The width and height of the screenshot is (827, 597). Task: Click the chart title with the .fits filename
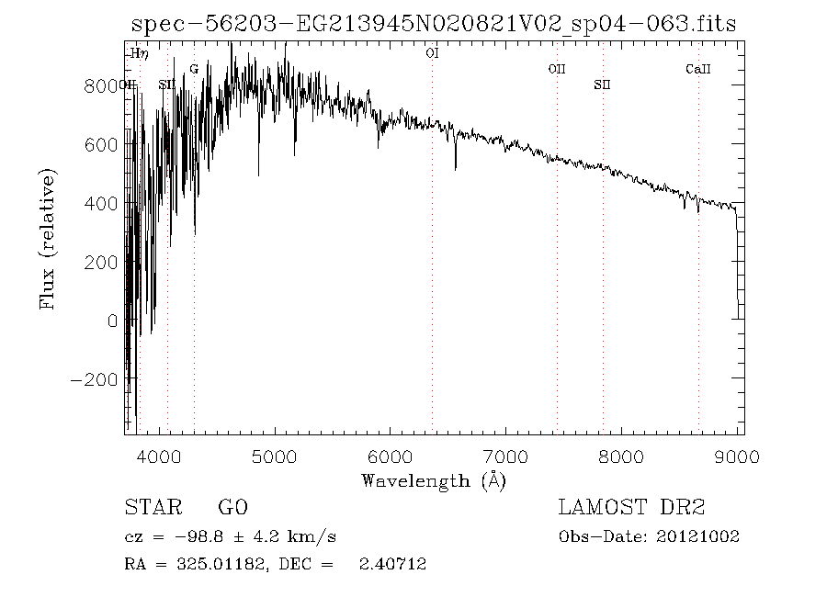(433, 25)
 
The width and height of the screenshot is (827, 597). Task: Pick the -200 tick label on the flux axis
(95, 379)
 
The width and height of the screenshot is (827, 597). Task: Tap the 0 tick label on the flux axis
(113, 321)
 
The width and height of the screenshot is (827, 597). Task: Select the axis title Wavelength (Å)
(434, 480)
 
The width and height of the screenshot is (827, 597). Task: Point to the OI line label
(432, 53)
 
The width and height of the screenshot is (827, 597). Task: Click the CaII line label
(698, 69)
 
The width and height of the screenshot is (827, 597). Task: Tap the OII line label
(557, 69)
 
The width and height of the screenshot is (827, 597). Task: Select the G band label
(194, 69)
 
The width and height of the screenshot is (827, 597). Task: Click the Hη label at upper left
(139, 53)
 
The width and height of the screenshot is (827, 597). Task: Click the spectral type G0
(232, 508)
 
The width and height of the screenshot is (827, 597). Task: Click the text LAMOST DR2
(631, 508)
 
